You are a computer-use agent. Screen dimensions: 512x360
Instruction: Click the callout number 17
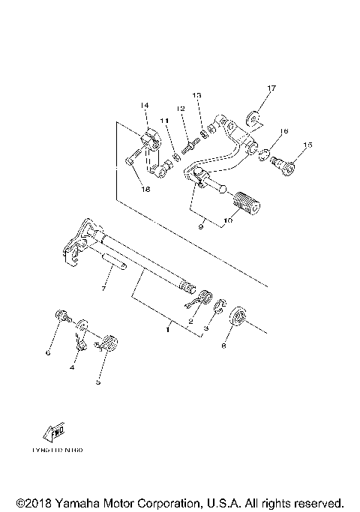coord(271,88)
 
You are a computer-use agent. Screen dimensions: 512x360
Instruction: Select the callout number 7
coord(105,288)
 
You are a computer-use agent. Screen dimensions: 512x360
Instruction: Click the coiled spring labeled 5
coord(110,346)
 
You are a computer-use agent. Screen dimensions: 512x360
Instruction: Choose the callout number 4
coord(73,367)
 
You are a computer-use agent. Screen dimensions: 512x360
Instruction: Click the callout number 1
coord(169,328)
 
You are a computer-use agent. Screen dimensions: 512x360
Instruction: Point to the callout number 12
coord(181,109)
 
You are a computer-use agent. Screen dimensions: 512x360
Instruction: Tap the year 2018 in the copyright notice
coord(32,502)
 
